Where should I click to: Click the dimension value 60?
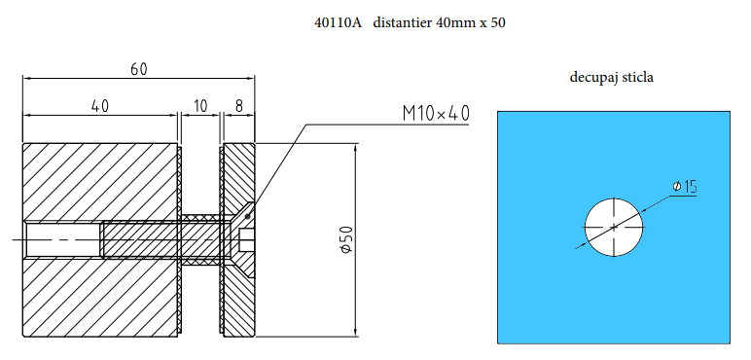pos(139,69)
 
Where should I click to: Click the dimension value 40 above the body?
pos(99,105)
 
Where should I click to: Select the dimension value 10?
pos(200,105)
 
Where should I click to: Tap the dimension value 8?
pos(239,105)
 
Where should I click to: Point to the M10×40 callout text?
pos(435,114)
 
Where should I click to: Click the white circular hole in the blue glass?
pos(614,227)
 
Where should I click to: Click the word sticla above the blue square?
pos(636,76)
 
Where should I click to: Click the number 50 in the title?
pos(497,22)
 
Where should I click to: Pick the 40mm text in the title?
pos(451,22)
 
